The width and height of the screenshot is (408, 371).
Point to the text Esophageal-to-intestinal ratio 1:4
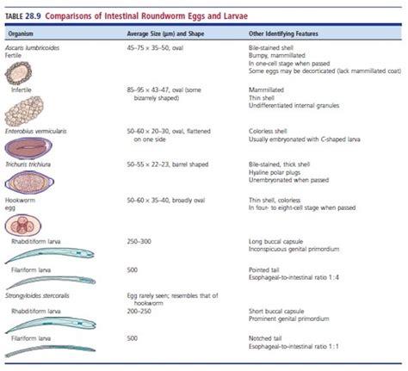(x=289, y=276)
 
